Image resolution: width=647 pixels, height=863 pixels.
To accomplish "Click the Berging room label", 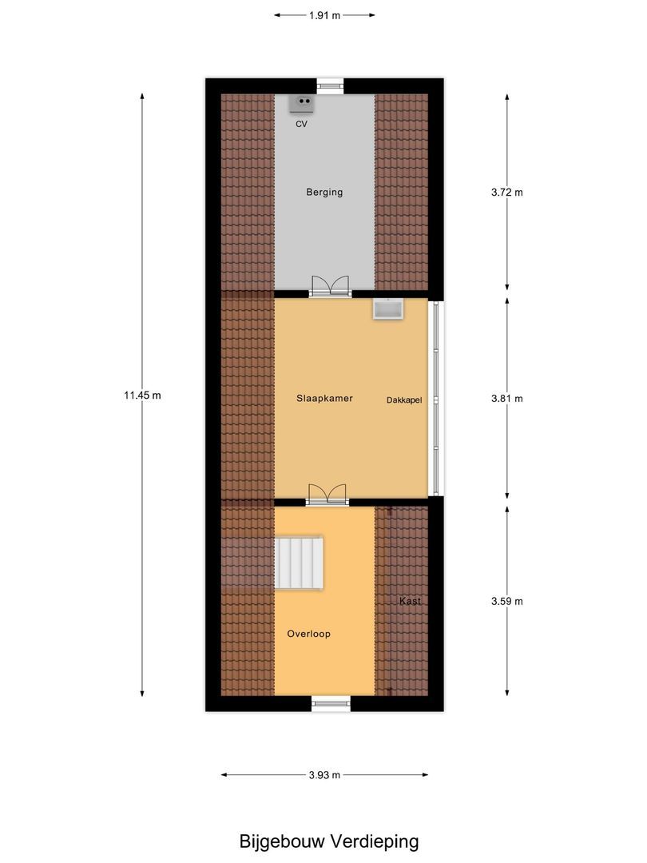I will point(324,193).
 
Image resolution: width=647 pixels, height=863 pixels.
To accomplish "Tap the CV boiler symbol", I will point(303,102).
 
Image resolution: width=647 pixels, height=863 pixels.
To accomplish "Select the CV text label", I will point(301,125).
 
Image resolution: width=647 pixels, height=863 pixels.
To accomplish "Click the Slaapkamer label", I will point(324,398).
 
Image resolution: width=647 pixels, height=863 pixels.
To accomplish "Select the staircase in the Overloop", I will point(300,563).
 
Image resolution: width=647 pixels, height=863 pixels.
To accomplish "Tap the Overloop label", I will point(308,634).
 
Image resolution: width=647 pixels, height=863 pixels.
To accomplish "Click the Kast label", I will point(411,601).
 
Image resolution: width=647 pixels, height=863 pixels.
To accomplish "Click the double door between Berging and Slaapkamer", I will point(330,286).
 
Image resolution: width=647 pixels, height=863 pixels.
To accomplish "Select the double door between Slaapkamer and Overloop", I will point(327,494).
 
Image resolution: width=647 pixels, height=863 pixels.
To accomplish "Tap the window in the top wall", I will point(329,85).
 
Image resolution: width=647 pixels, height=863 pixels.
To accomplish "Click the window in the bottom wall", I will point(331,703).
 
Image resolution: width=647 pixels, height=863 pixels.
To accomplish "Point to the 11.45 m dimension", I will point(142,395).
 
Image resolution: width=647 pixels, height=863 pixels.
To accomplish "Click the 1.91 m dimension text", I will point(324,14).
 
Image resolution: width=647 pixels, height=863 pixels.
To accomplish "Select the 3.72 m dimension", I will point(506,193).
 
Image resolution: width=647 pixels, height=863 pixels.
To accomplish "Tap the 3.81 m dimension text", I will point(506,399).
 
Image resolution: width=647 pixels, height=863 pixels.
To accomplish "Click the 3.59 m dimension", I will point(506,602).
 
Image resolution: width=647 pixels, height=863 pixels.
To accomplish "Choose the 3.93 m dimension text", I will point(324,774).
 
